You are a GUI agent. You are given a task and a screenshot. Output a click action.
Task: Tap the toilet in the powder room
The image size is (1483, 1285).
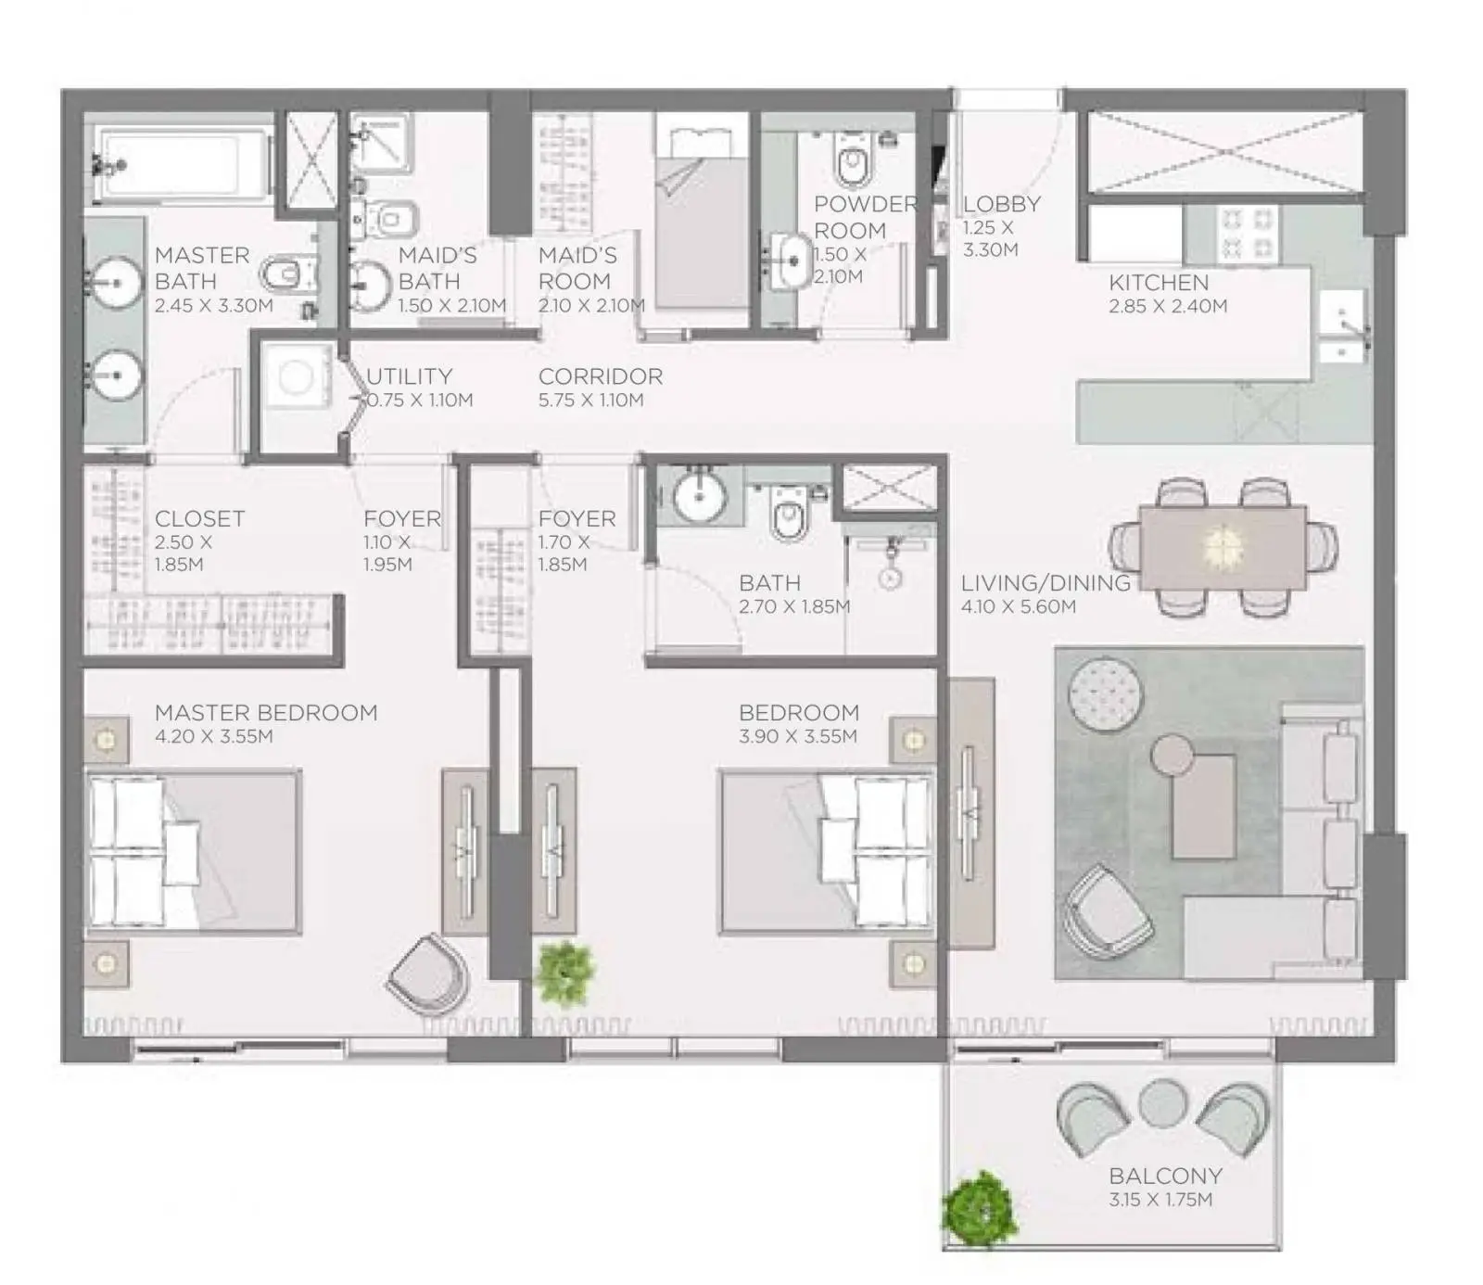coord(852,159)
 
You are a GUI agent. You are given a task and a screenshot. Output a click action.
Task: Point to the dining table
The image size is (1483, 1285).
coord(1223,546)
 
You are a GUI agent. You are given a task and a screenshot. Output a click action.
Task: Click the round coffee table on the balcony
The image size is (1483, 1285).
coord(1163,1104)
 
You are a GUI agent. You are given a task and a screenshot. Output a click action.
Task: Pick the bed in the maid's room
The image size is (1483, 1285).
coord(702,223)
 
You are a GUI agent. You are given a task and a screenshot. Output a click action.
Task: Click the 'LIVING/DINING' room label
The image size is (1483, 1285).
coord(1046,583)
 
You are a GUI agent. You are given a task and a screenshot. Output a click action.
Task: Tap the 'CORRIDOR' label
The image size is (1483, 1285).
coord(601,376)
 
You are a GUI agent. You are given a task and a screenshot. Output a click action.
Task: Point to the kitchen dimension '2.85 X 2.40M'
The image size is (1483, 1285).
coord(1168,307)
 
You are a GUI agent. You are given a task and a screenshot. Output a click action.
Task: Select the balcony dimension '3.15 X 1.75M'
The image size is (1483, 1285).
coord(1160,1200)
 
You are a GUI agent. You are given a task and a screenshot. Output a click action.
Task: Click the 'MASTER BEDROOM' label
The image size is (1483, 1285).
coord(266,713)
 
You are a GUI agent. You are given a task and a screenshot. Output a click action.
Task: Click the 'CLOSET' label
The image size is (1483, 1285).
coord(200,519)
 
